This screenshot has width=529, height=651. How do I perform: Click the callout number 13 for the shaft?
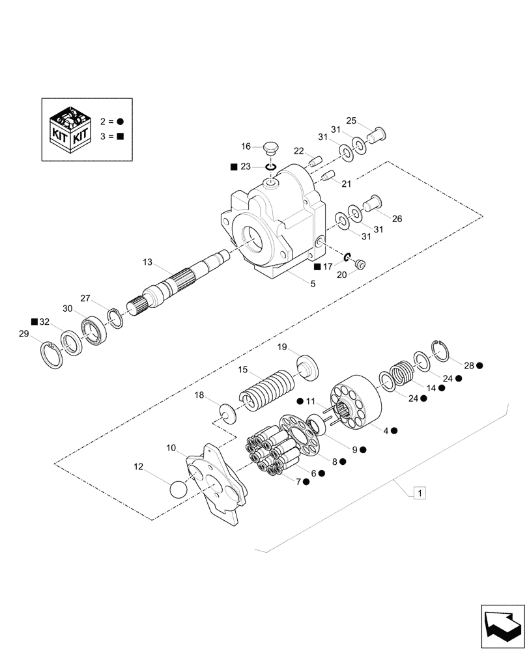coord(148,262)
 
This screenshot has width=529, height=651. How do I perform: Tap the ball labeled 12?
coord(179,490)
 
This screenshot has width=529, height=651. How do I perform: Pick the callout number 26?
coord(397,219)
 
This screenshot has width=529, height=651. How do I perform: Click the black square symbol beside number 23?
coord(234,167)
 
